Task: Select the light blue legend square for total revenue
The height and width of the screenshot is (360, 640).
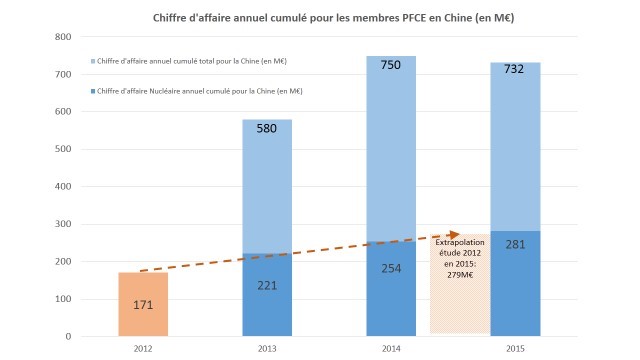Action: (x=92, y=62)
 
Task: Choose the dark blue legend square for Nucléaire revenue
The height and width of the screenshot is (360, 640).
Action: (x=92, y=91)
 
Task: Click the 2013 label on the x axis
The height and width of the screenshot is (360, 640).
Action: (x=267, y=349)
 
